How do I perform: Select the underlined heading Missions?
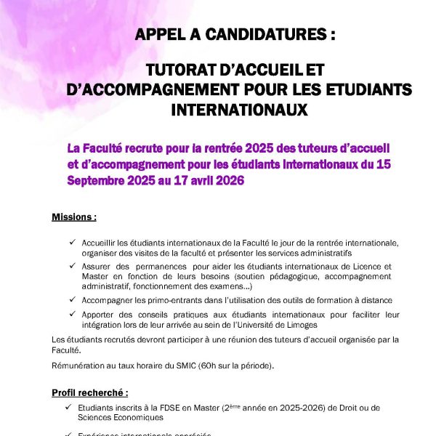74,217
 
